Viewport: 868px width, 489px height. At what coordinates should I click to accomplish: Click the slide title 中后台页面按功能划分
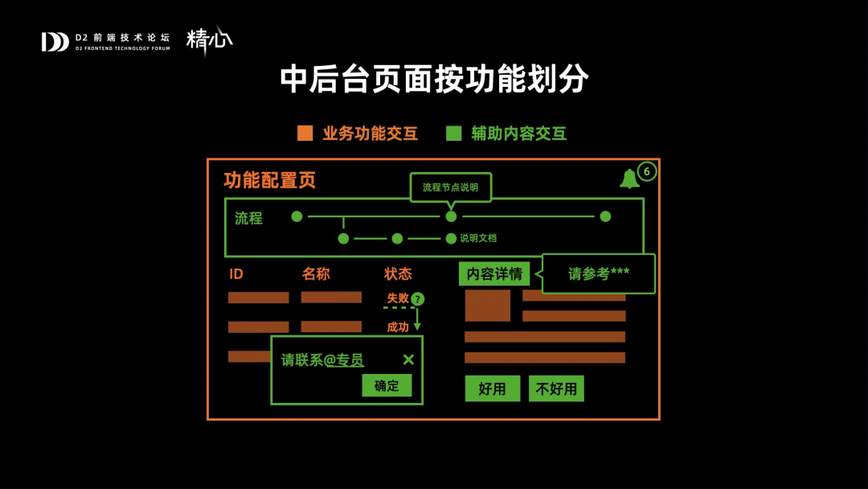[434, 79]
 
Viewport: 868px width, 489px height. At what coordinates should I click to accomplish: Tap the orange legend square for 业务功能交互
[305, 134]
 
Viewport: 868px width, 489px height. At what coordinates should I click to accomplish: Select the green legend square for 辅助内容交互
[454, 134]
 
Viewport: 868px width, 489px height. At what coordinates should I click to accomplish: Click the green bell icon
[628, 179]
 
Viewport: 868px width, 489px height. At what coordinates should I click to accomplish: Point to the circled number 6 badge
[647, 171]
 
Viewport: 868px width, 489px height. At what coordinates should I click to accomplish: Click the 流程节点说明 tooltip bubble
[450, 187]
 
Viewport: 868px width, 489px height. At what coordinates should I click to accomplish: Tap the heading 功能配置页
[269, 180]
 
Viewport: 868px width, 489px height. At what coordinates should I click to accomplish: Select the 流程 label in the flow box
[248, 218]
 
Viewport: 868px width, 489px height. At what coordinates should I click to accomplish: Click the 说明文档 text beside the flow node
[478, 238]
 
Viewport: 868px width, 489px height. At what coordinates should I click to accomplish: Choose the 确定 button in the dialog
[387, 385]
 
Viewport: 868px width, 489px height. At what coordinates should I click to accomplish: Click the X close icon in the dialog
[408, 360]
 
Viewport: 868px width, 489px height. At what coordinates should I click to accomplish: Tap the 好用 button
[492, 388]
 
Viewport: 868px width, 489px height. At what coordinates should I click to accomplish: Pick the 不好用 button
[556, 388]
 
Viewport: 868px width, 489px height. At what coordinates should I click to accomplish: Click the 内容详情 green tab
[494, 273]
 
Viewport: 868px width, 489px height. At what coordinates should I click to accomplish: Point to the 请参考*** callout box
[599, 273]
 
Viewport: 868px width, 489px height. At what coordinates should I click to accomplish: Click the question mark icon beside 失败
[417, 299]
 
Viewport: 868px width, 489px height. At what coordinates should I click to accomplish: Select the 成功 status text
[398, 327]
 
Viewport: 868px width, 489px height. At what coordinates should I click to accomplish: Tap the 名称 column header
[316, 273]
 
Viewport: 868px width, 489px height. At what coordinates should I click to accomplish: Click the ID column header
[236, 274]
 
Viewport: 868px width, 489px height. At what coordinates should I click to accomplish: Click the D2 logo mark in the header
[55, 42]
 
